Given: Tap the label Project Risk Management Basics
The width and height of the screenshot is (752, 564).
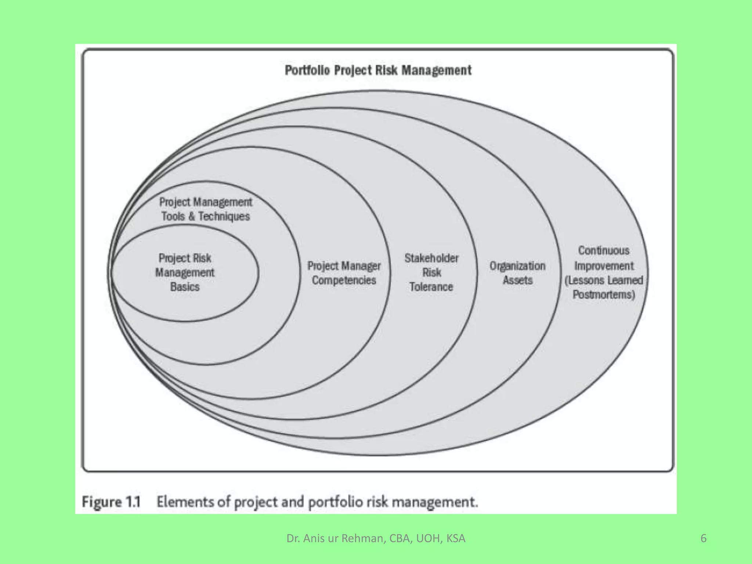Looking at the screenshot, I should [x=185, y=272].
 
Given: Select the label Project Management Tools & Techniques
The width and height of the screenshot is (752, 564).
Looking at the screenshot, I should [x=206, y=209].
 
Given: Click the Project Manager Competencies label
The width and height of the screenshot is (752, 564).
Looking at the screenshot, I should [x=344, y=273].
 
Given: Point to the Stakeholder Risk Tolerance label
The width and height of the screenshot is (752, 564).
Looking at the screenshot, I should [x=431, y=272].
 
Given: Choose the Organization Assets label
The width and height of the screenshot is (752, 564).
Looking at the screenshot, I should [x=517, y=273].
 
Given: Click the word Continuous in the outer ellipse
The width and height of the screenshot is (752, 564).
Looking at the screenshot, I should [x=604, y=250].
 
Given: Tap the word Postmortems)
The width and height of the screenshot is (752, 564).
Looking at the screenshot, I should [x=604, y=294].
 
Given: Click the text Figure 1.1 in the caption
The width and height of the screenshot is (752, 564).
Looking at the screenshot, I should [x=111, y=502].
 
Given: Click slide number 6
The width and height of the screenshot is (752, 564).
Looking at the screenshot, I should [x=703, y=538].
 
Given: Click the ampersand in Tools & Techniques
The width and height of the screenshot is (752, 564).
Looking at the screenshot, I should [x=191, y=216].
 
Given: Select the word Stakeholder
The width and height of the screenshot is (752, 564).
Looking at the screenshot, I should [x=431, y=258].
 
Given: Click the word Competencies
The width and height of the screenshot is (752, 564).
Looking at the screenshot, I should [x=344, y=280].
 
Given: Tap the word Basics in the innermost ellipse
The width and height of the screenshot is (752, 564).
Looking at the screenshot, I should [x=185, y=287].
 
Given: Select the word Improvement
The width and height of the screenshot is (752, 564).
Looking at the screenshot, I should [x=604, y=266].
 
